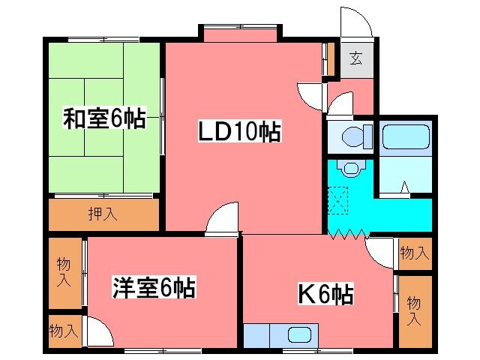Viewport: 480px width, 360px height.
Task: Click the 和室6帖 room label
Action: click(103, 118)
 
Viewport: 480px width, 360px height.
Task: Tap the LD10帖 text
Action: click(239, 133)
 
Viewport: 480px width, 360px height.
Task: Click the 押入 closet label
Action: click(104, 214)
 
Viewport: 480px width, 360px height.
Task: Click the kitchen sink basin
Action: click(299, 334)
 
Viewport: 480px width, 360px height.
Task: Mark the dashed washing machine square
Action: click(340, 198)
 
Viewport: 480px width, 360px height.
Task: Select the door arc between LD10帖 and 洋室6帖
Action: click(223, 218)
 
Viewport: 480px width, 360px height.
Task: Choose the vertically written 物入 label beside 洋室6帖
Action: click(64, 272)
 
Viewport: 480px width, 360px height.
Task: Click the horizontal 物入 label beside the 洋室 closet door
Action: click(64, 329)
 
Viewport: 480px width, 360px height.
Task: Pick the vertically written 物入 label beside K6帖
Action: click(413, 310)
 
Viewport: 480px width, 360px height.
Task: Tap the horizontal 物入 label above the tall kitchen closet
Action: click(414, 253)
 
